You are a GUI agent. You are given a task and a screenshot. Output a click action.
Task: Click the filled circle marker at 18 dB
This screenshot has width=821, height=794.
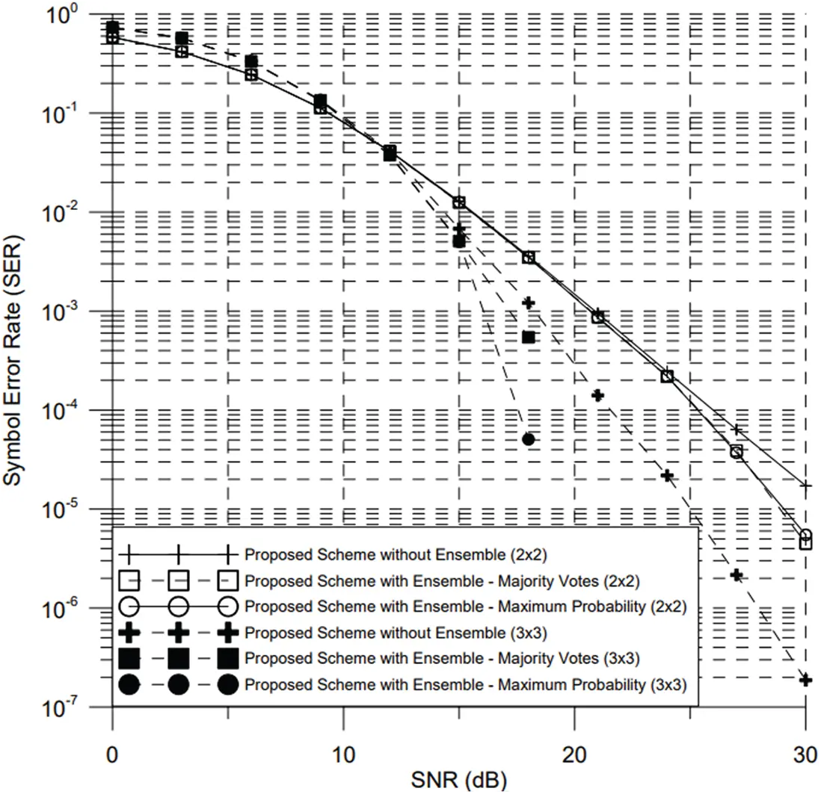pyautogui.click(x=529, y=439)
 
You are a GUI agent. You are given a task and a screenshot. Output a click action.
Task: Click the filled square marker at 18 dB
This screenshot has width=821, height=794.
pyautogui.click(x=529, y=337)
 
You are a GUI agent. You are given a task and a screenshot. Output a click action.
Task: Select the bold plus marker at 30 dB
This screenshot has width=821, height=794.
pyautogui.click(x=805, y=680)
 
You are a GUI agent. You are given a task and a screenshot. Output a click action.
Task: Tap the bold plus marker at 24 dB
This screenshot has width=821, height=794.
pyautogui.click(x=668, y=476)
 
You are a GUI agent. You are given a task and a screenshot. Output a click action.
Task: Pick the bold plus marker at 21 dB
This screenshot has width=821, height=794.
pyautogui.click(x=598, y=395)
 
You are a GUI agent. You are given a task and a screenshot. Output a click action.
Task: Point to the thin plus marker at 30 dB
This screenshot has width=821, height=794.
pyautogui.click(x=805, y=486)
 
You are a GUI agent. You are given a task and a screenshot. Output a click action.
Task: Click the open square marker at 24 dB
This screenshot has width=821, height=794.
pyautogui.click(x=667, y=376)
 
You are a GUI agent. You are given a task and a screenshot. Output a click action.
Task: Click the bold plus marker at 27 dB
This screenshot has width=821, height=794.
pyautogui.click(x=737, y=575)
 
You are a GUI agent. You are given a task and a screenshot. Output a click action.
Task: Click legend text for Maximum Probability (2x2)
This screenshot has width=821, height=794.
pyautogui.click(x=466, y=607)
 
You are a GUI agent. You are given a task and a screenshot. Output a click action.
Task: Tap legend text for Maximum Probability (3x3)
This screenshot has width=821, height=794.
pyautogui.click(x=466, y=684)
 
